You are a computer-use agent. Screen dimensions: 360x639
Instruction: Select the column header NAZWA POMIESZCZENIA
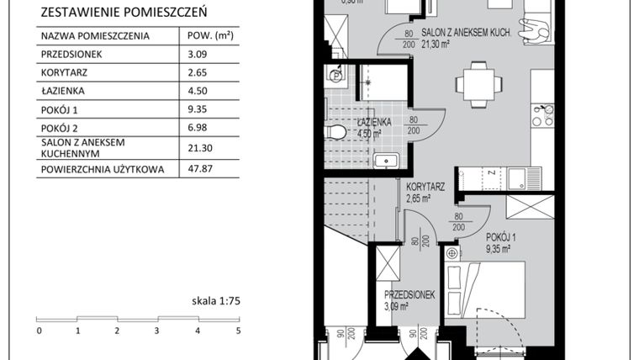pyautogui.click(x=94, y=37)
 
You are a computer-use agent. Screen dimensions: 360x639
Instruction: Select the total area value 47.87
pyautogui.click(x=194, y=169)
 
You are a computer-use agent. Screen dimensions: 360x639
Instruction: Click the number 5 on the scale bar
pyautogui.click(x=238, y=331)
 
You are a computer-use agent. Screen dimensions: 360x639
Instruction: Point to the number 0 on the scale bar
pyautogui.click(x=39, y=331)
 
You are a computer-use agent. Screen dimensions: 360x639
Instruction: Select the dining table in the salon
pyautogui.click(x=475, y=83)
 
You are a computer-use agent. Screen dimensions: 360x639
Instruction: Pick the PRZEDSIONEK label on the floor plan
pyautogui.click(x=409, y=295)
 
